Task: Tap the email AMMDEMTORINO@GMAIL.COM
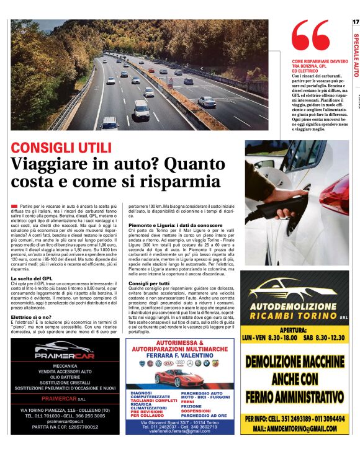295,428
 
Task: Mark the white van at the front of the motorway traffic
109,123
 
